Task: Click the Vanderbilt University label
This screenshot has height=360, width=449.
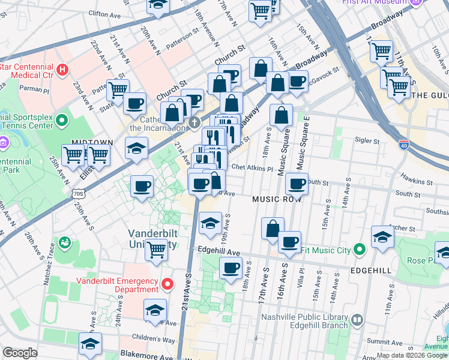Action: [152, 239]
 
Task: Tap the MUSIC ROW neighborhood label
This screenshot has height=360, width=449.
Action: [277, 199]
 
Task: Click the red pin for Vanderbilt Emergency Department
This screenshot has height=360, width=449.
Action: [168, 283]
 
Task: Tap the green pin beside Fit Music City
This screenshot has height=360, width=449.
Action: [360, 249]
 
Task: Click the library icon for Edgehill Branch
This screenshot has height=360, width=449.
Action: [358, 320]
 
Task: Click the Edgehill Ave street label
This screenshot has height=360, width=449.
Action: [218, 252]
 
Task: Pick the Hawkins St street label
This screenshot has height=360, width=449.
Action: [418, 181]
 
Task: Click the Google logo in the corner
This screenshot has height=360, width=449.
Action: [20, 353]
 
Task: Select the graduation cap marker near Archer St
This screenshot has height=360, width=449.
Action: [382, 236]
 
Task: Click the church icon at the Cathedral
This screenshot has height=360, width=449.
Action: [193, 124]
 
